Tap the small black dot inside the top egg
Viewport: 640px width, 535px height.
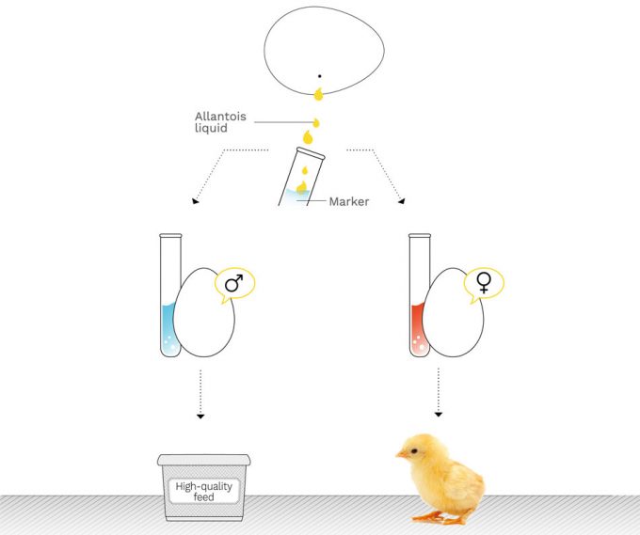(x=319, y=76)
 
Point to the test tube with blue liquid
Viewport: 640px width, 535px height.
(x=169, y=296)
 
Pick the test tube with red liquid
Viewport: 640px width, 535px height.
(x=419, y=296)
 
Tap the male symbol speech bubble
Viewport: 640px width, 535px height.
(x=234, y=283)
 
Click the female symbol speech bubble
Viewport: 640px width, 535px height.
(x=484, y=282)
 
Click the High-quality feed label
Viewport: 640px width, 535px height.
(x=203, y=491)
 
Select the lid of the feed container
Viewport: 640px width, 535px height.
(x=203, y=461)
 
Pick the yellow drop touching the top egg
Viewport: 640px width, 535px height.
(x=318, y=93)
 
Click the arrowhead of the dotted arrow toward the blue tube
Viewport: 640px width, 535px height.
(x=196, y=200)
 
